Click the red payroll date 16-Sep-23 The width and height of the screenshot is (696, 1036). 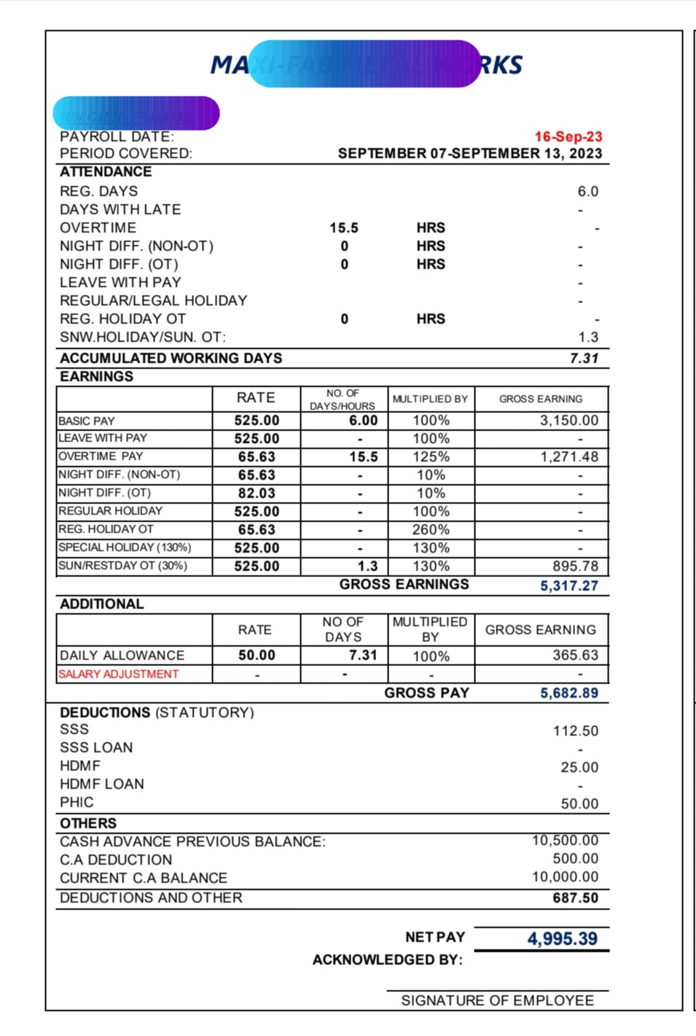[x=568, y=136]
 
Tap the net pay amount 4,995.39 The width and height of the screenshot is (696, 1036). [x=562, y=938]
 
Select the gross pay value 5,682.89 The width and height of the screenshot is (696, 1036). [x=568, y=693]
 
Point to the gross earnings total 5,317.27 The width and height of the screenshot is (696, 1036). [x=568, y=585]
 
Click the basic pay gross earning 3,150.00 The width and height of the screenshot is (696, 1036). [x=568, y=421]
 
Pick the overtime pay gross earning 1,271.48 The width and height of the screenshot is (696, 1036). [x=568, y=457]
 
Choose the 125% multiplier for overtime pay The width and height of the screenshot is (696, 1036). [x=431, y=457]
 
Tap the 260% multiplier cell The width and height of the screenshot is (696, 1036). [x=431, y=530]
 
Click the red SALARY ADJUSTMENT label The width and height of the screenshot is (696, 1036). [x=118, y=674]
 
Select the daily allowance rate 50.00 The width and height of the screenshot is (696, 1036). [x=257, y=655]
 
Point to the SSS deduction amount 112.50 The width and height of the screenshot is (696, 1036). [x=575, y=731]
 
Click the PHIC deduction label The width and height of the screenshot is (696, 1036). [x=77, y=803]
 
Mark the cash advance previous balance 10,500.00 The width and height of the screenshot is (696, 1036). [x=565, y=841]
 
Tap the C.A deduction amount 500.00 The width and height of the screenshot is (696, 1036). [x=575, y=859]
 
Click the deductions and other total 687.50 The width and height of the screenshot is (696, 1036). [x=575, y=898]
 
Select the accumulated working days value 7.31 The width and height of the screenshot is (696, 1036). [x=584, y=358]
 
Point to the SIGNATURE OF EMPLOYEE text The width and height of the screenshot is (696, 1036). [x=497, y=1001]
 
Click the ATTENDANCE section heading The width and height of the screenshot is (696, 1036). [x=106, y=172]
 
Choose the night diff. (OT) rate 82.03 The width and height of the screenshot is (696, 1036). [x=257, y=494]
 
